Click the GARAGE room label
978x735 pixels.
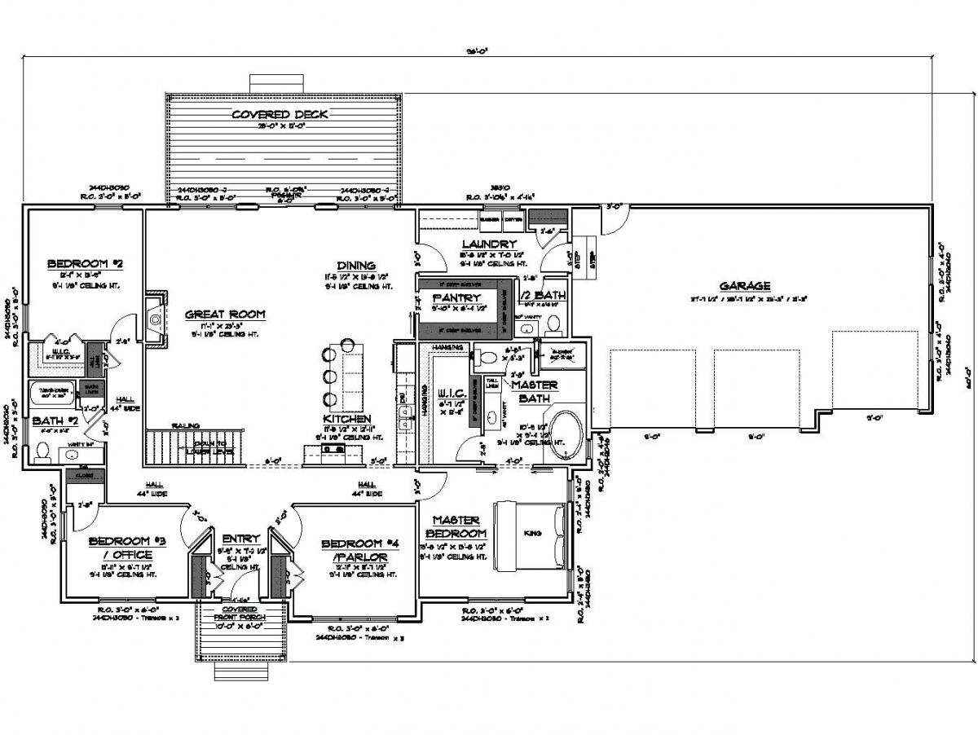pos(744,286)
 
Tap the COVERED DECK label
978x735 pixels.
pos(280,114)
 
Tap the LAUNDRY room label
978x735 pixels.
pos(489,244)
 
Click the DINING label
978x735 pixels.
pos(356,265)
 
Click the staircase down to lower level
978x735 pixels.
pos(189,447)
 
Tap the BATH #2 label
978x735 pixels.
pos(55,421)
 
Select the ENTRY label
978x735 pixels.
pos(240,539)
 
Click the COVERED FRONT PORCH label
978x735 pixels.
pos(240,614)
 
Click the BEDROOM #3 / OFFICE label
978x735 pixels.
pos(120,548)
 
